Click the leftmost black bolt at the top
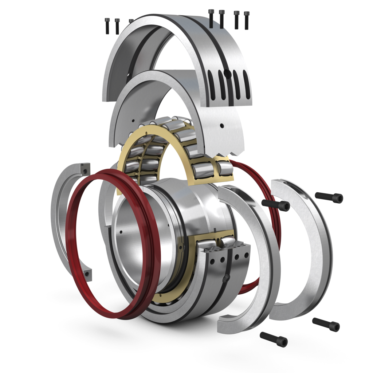107,26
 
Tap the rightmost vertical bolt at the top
247,20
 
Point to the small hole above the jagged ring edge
222,126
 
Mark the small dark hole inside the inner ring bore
121,231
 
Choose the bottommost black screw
274,339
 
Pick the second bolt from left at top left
117,26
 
